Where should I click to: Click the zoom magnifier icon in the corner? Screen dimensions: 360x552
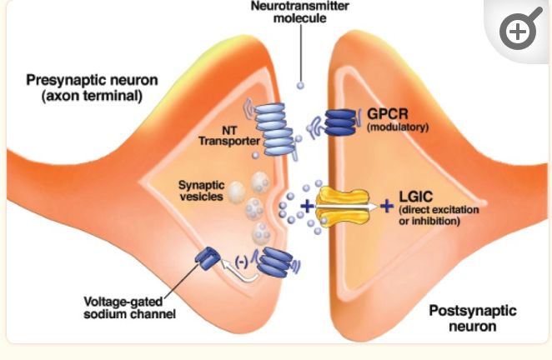[x=518, y=32]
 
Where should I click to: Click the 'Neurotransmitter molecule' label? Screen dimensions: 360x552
[x=300, y=12]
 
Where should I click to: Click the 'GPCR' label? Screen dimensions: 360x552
[x=386, y=114]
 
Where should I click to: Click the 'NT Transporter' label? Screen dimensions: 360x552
[x=220, y=135]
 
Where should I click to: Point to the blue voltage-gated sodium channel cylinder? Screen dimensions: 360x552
[x=205, y=260]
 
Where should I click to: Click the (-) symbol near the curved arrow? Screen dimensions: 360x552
[x=242, y=261]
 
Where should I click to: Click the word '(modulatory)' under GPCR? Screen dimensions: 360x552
[x=397, y=127]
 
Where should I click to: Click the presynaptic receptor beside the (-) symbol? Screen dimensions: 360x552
[x=272, y=262]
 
